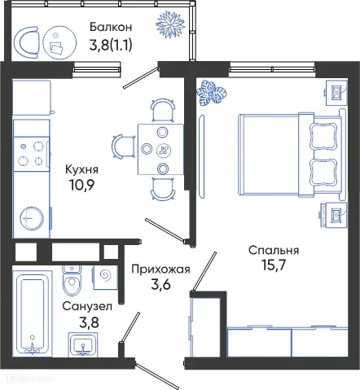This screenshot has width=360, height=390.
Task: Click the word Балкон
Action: tap(110, 28)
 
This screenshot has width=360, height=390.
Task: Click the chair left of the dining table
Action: tap(123, 147)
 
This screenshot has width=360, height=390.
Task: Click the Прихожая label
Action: tap(160, 269)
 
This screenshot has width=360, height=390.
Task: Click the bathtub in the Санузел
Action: tap(33, 313)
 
